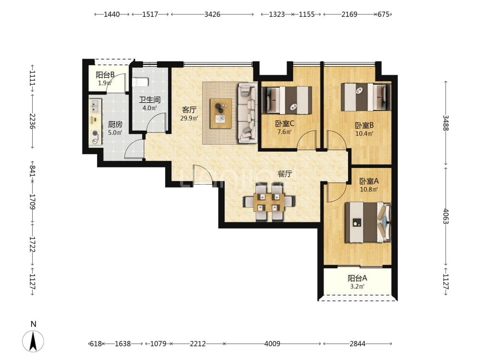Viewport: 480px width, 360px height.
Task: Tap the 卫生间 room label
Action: click(150, 100)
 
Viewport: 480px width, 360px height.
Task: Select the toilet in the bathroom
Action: click(141, 82)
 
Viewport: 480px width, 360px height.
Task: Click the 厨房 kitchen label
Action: click(115, 124)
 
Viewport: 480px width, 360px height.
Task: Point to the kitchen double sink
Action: click(95, 106)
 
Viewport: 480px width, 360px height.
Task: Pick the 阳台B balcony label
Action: click(105, 75)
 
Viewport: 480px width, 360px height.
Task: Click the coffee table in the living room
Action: click(221, 114)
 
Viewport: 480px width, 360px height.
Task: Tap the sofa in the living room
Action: click(247, 113)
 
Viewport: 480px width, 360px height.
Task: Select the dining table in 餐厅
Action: click(269, 202)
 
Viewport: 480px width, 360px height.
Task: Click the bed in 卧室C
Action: click(287, 100)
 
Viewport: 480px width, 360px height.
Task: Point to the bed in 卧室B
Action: click(366, 97)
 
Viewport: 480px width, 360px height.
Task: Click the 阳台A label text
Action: click(357, 278)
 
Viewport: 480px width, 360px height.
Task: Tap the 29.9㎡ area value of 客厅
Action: click(189, 118)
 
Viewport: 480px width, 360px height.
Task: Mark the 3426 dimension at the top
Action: click(213, 14)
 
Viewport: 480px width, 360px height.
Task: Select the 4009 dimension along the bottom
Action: click(272, 344)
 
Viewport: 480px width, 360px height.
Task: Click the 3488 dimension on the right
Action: click(446, 123)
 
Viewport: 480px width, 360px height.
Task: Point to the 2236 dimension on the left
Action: click(33, 121)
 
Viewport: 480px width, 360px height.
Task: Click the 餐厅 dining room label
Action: click(285, 174)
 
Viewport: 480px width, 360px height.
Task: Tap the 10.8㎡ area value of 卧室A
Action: click(369, 190)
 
